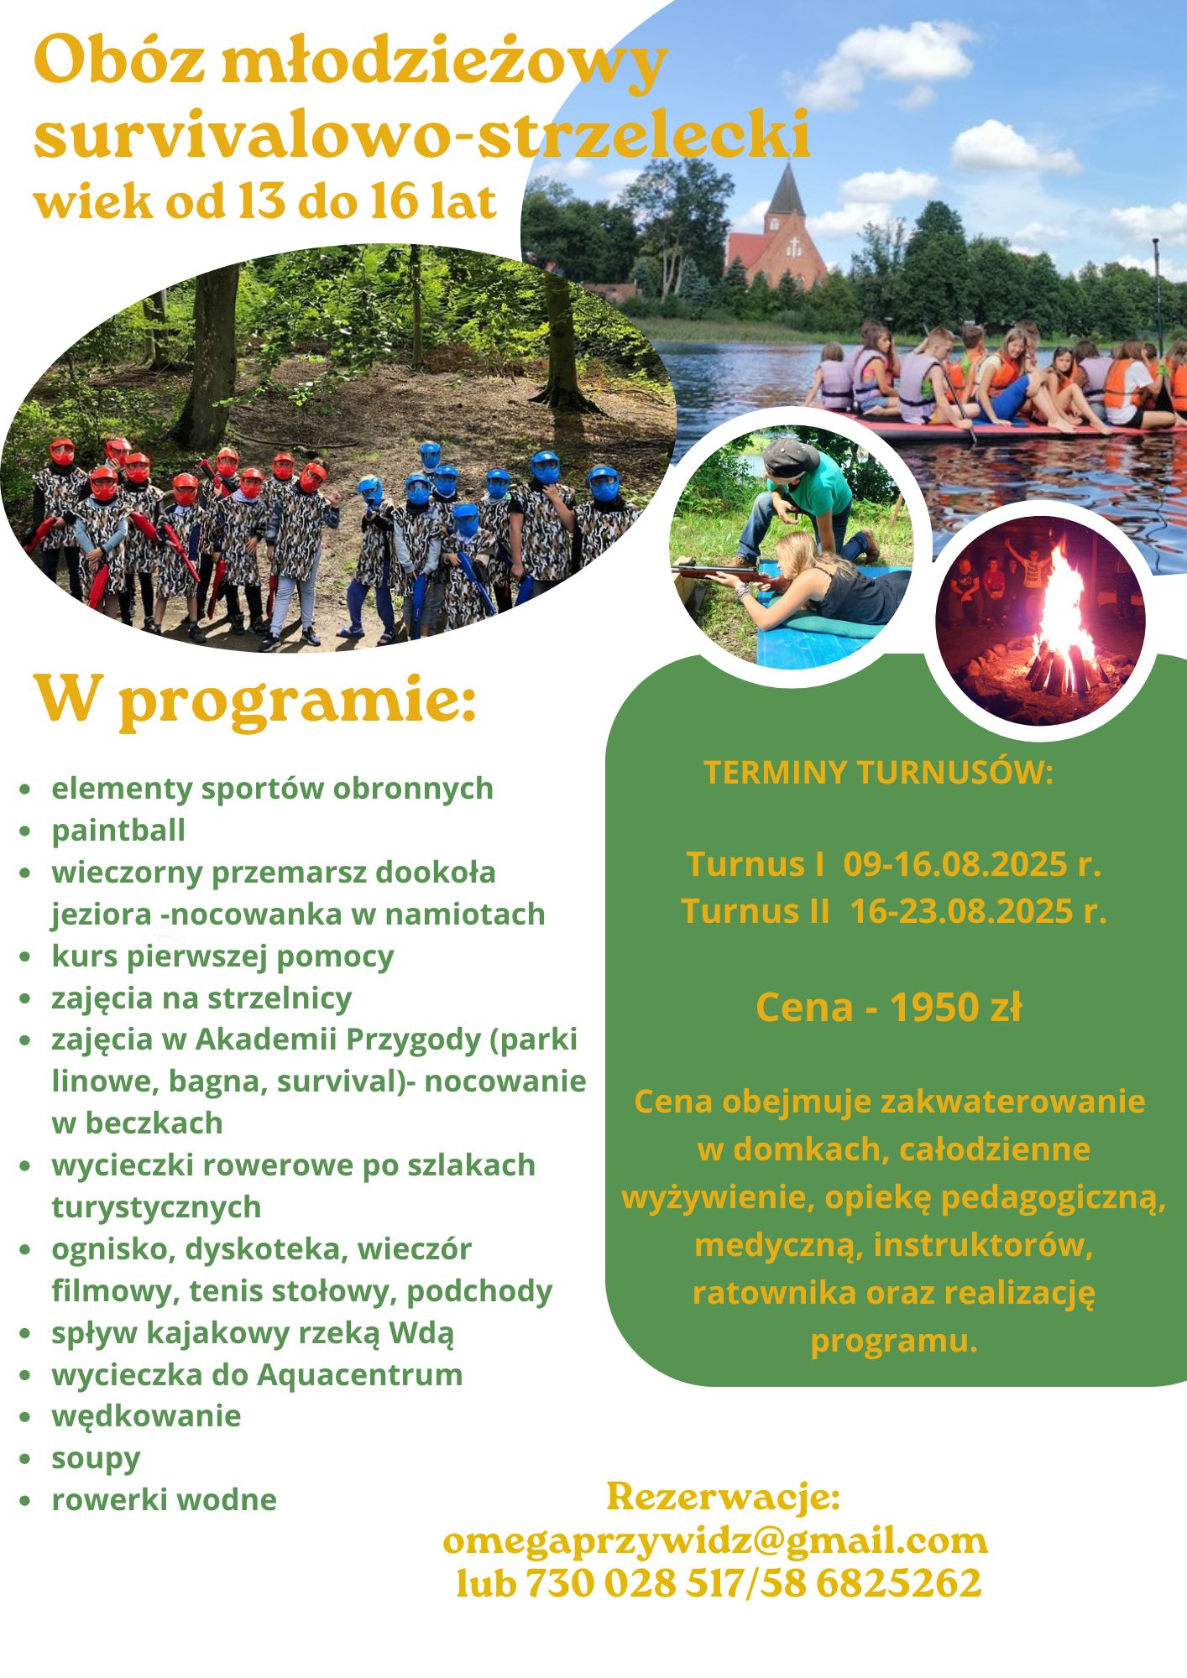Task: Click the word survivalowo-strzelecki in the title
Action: (x=422, y=134)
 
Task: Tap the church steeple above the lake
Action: (x=786, y=190)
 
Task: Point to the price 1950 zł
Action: (x=954, y=1007)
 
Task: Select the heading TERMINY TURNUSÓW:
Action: (x=878, y=772)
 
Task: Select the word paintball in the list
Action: (x=118, y=830)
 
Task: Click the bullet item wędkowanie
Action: (x=146, y=1416)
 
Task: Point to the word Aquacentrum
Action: (x=359, y=1374)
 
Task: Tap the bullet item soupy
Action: (x=96, y=1458)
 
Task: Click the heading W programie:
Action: (x=255, y=699)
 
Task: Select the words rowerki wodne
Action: (x=164, y=1499)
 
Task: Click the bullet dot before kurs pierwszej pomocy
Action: (x=28, y=956)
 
